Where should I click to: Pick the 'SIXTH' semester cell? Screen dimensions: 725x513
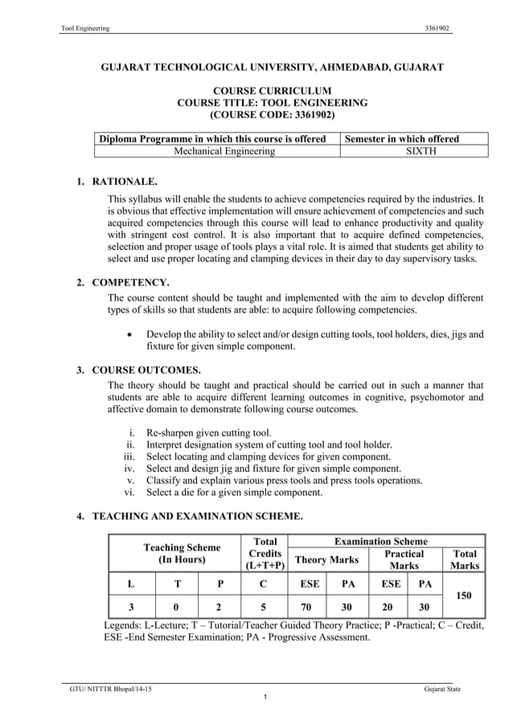pyautogui.click(x=413, y=151)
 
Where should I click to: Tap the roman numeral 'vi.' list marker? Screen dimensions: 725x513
pyautogui.click(x=129, y=492)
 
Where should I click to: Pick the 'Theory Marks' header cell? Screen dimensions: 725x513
pyautogui.click(x=326, y=559)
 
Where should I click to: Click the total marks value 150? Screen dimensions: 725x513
pyautogui.click(x=464, y=596)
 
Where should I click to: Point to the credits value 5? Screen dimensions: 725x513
pyautogui.click(x=265, y=608)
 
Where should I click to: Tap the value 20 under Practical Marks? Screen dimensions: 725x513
pyautogui.click(x=387, y=608)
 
